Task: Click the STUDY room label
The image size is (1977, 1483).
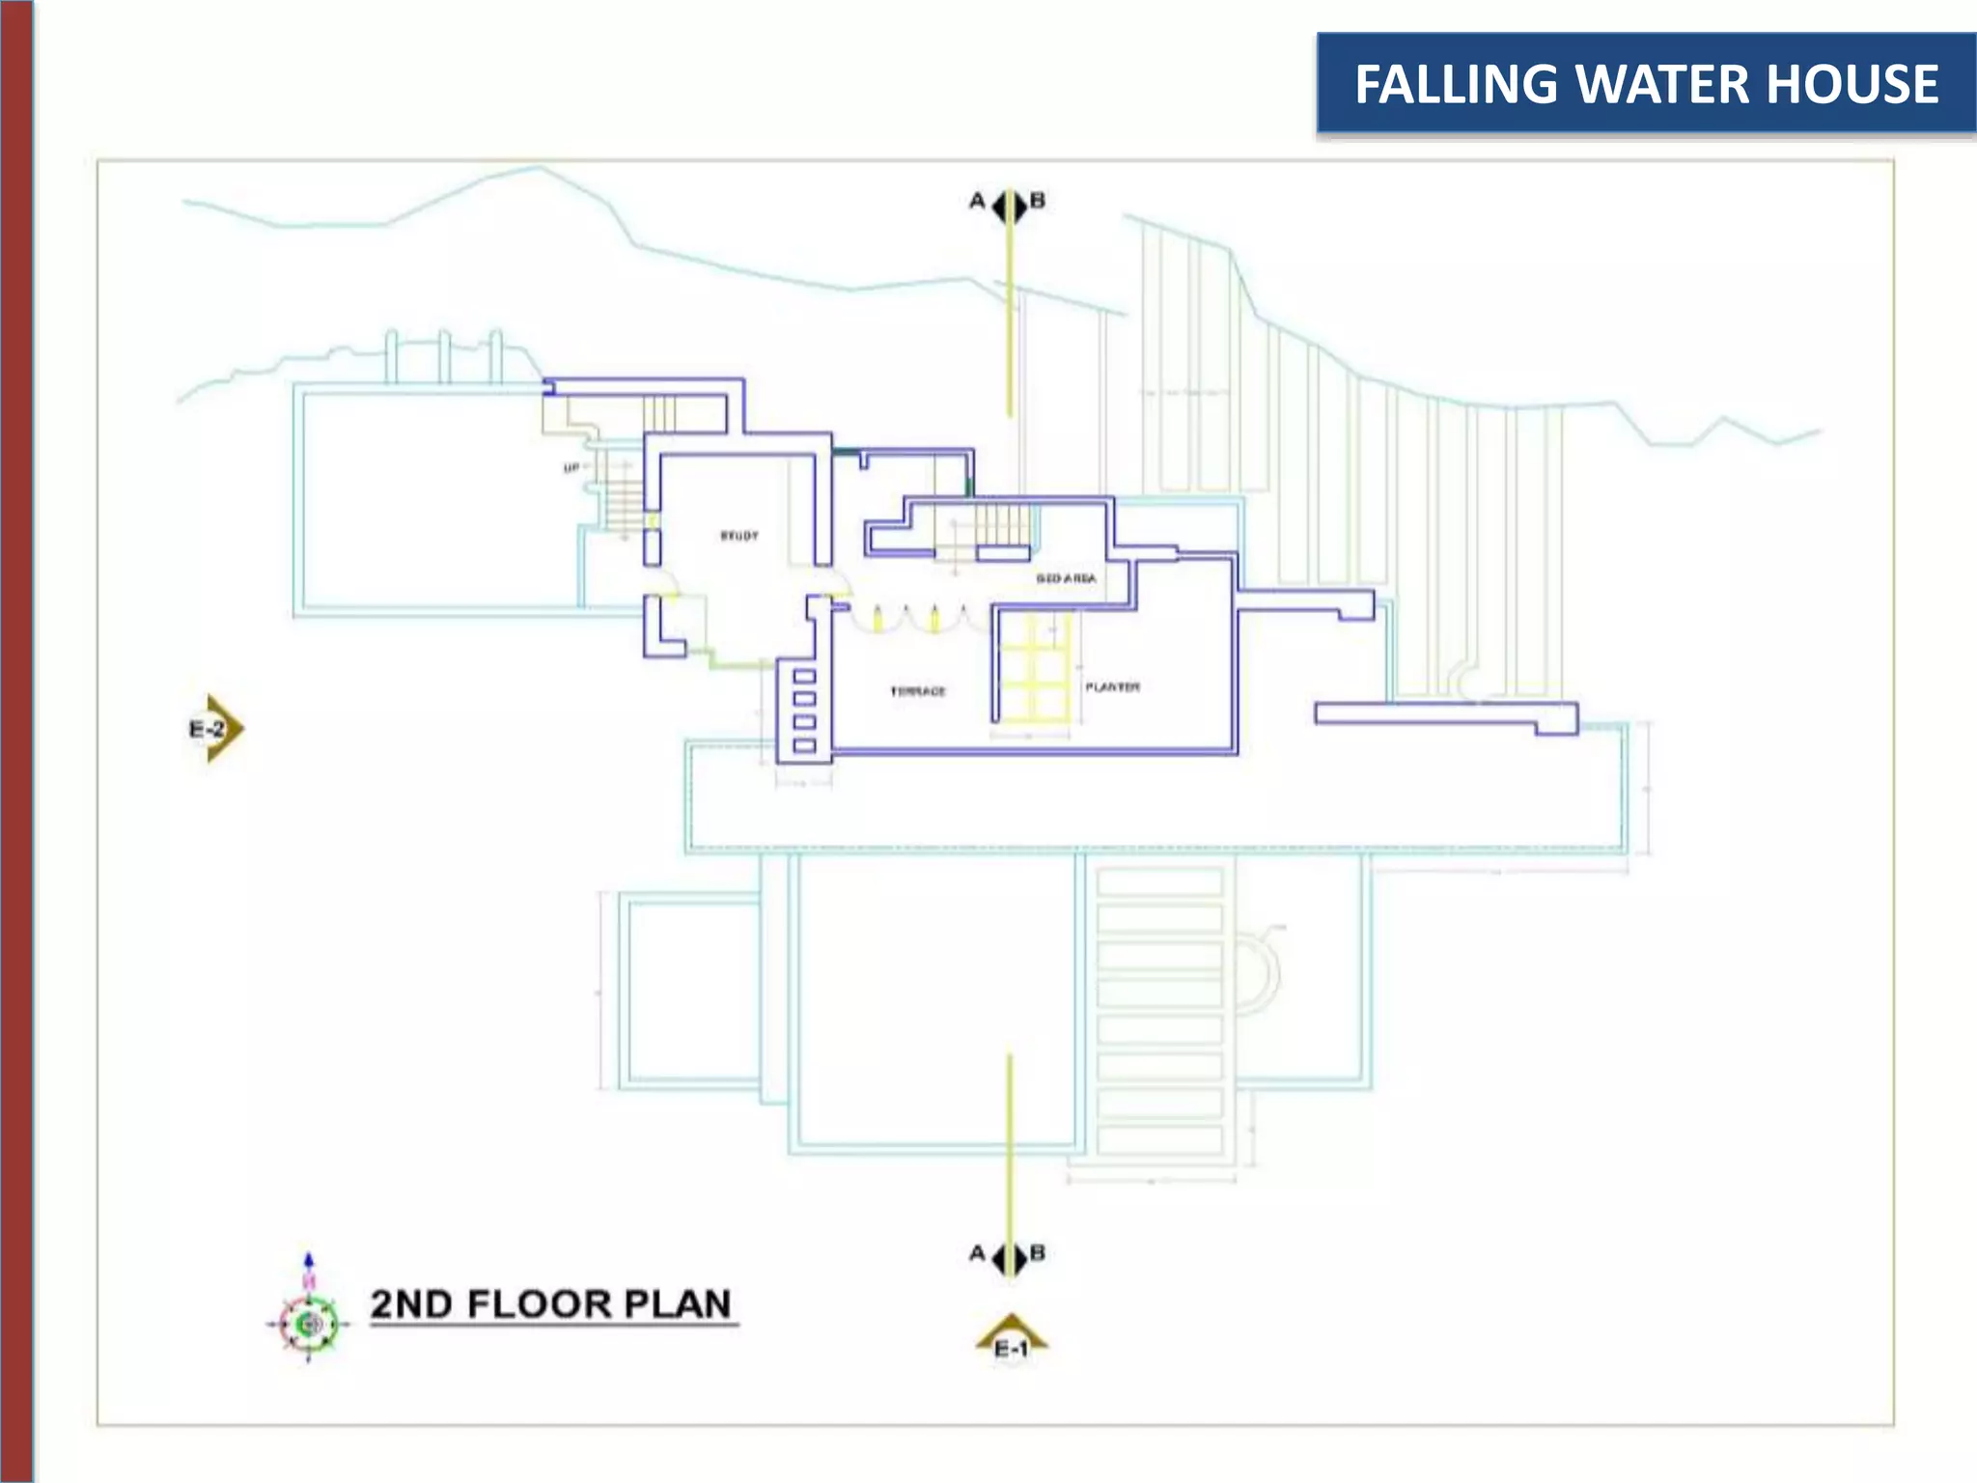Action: pos(739,536)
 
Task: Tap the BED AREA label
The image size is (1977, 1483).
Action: pos(1066,578)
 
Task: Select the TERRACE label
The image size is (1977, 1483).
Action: pos(918,691)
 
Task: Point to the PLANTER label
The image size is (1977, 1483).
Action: pos(1112,687)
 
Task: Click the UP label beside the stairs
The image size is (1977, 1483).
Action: pos(571,468)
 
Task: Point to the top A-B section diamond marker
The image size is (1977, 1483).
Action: pos(1009,206)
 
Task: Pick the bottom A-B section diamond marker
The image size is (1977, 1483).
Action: pos(1010,1258)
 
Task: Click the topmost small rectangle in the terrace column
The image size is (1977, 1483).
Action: pos(804,676)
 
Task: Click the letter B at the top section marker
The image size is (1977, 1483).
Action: pos(1038,201)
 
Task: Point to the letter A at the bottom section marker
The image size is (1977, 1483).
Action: pos(978,1253)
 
